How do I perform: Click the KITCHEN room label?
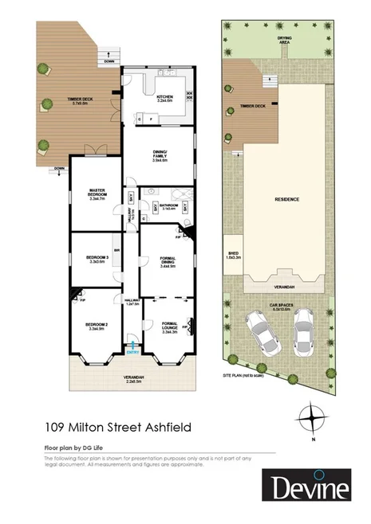165,99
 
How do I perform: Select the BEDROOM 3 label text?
97,258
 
